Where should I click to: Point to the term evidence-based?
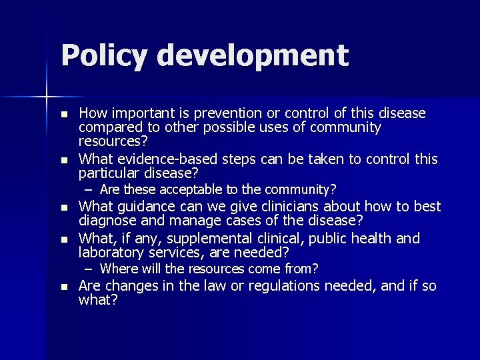point(156,159)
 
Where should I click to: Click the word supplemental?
point(208,238)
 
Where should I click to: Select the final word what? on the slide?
point(98,300)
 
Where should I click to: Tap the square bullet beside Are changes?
point(64,287)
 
